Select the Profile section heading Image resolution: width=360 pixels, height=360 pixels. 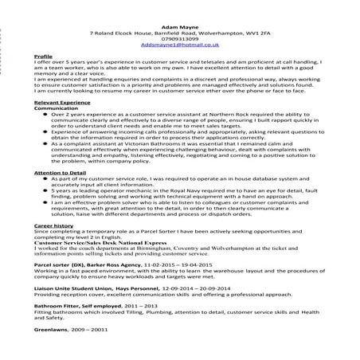[45, 58]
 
